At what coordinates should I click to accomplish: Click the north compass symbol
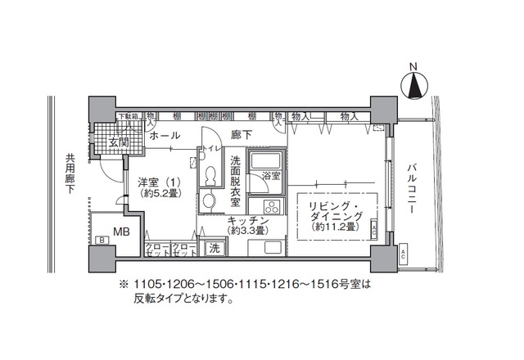pyautogui.click(x=417, y=83)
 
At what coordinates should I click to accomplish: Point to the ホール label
pyautogui.click(x=165, y=135)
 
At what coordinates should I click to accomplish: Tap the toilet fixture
pyautogui.click(x=210, y=174)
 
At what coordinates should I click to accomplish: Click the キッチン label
pyautogui.click(x=247, y=221)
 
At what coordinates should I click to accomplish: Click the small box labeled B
pyautogui.click(x=102, y=240)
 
